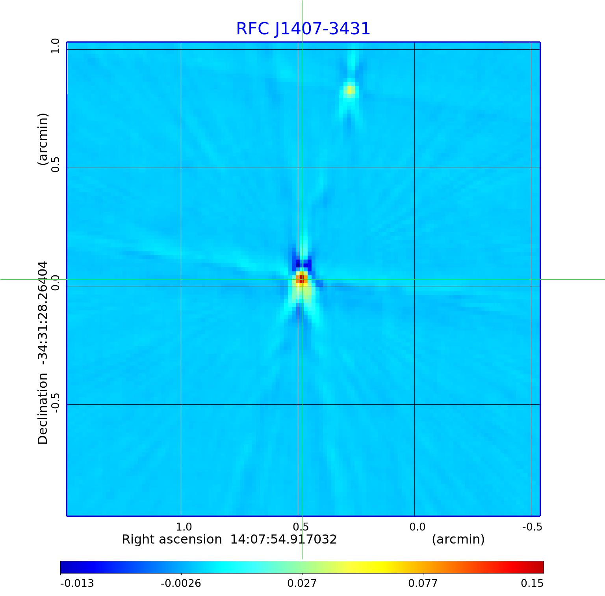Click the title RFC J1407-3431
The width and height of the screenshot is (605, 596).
(x=303, y=29)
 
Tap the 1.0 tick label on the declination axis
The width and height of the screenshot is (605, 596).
(x=55, y=46)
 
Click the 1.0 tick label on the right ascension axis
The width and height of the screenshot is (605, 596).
(x=184, y=527)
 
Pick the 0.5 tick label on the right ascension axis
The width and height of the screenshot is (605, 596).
(x=301, y=527)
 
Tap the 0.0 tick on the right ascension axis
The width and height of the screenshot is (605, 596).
(x=417, y=527)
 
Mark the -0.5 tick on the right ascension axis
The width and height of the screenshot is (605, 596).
(x=532, y=527)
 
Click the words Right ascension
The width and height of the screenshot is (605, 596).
(x=172, y=539)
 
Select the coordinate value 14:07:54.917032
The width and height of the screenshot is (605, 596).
(x=283, y=539)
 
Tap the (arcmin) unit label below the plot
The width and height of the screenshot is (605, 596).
(x=458, y=539)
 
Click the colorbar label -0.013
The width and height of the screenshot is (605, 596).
(x=77, y=583)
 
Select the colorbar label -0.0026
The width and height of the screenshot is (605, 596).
(x=181, y=583)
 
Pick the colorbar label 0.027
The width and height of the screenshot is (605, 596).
(x=302, y=583)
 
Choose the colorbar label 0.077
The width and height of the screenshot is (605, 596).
(x=423, y=583)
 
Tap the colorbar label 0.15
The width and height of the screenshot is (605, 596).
(x=533, y=583)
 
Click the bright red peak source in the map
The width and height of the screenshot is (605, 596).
(x=301, y=279)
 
